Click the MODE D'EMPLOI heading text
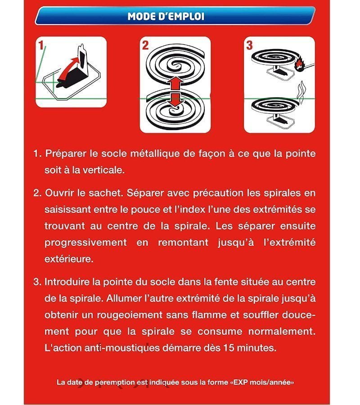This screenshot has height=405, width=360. coord(166,16)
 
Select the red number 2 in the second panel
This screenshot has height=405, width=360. coord(145,45)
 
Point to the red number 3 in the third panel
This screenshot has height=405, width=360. coord(249,45)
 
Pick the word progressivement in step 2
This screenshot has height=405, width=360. coord(85,243)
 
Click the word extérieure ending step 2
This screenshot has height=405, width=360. coord(69,259)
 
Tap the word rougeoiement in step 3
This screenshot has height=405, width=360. coord(130,315)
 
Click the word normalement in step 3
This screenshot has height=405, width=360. coord(282,331)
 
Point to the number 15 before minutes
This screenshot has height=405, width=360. coord(229,348)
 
